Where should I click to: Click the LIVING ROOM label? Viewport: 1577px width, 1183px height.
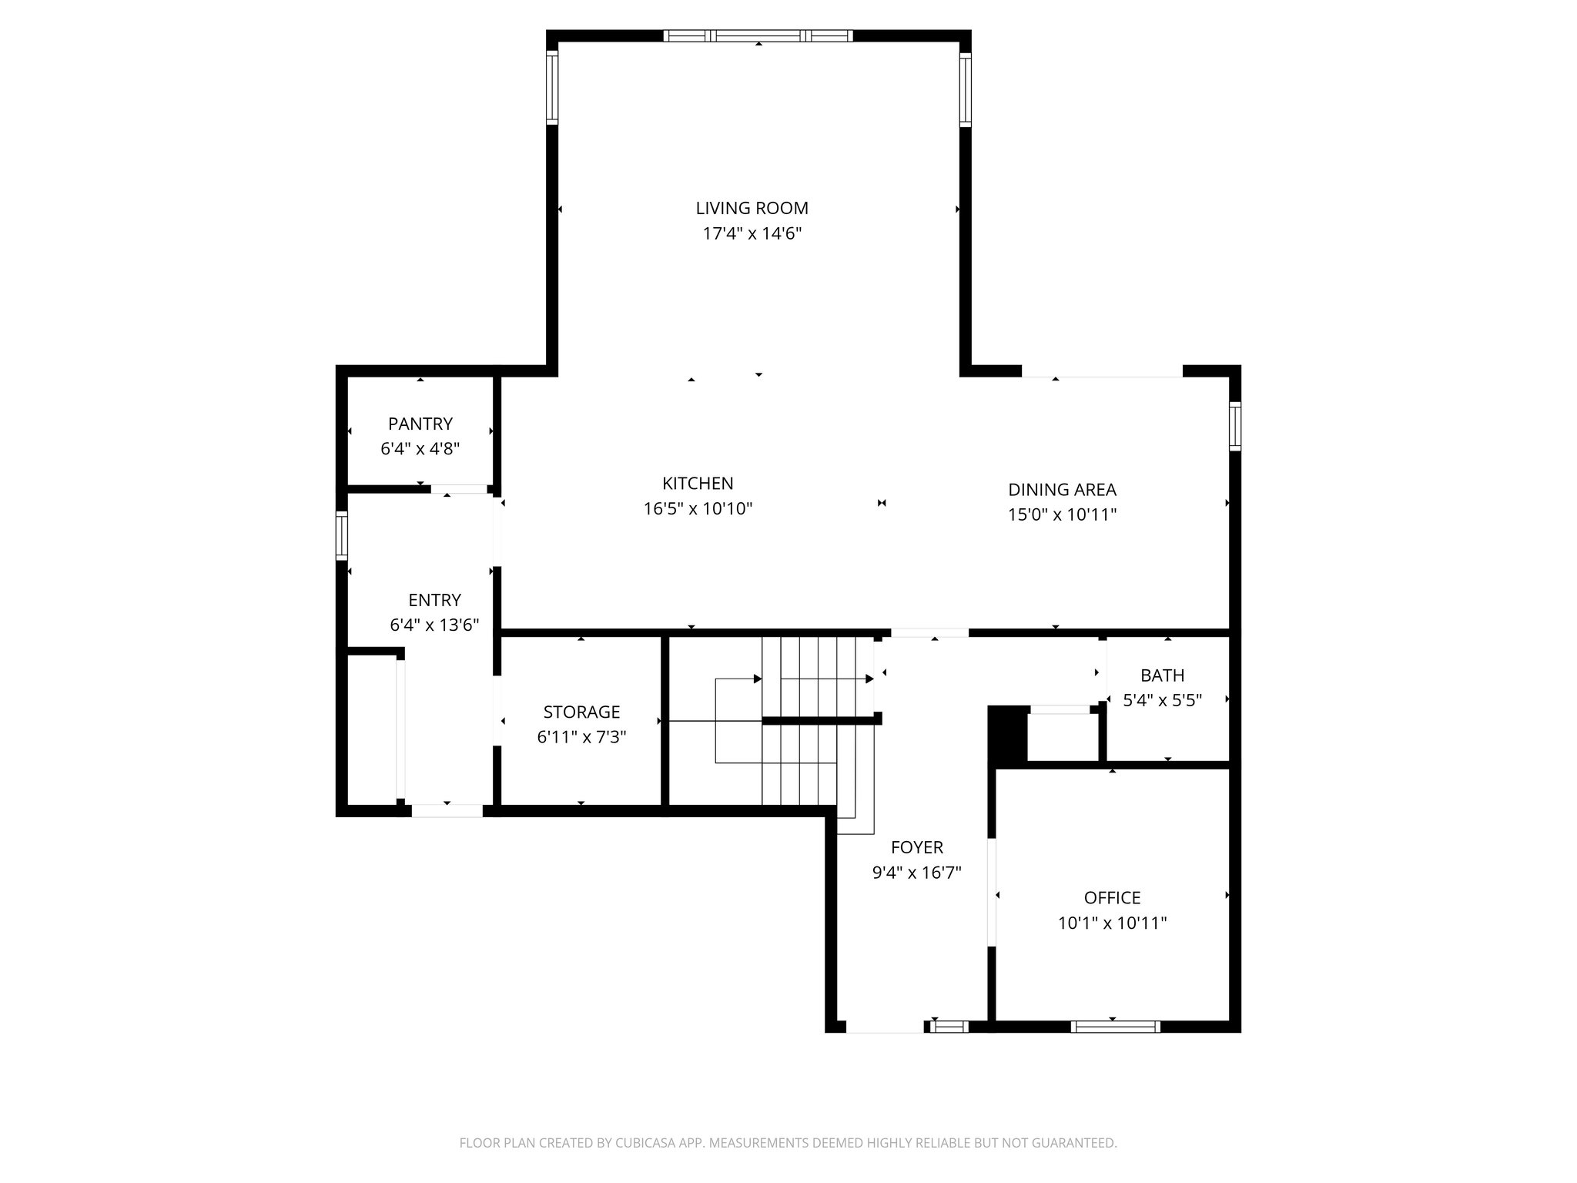click(x=752, y=208)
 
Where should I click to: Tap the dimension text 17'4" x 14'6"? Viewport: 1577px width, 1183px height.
click(x=752, y=233)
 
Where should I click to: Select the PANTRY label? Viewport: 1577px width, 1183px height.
click(x=420, y=424)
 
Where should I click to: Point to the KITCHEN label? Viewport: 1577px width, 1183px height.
click(x=698, y=484)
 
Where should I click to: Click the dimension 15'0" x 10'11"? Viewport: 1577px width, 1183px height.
click(x=1062, y=514)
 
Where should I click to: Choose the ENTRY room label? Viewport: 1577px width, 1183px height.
click(x=434, y=600)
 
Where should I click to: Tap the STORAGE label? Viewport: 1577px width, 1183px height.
click(x=581, y=712)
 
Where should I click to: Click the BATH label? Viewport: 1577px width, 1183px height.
click(x=1162, y=675)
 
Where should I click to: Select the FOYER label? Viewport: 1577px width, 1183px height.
click(x=916, y=847)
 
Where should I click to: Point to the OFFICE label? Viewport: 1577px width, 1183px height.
click(x=1112, y=897)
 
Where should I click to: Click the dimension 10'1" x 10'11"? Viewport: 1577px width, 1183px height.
click(x=1112, y=923)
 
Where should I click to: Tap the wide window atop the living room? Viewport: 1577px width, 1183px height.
click(x=758, y=35)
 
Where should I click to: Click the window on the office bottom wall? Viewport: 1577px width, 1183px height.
click(x=1115, y=1026)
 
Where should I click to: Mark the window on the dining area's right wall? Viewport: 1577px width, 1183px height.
click(x=1234, y=426)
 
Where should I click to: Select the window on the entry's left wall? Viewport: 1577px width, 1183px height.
click(x=342, y=535)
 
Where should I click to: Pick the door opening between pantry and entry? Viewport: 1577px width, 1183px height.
click(x=459, y=488)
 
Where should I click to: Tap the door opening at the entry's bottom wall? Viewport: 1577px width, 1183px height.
click(x=447, y=810)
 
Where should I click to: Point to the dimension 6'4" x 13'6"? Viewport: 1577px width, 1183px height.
click(x=434, y=625)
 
